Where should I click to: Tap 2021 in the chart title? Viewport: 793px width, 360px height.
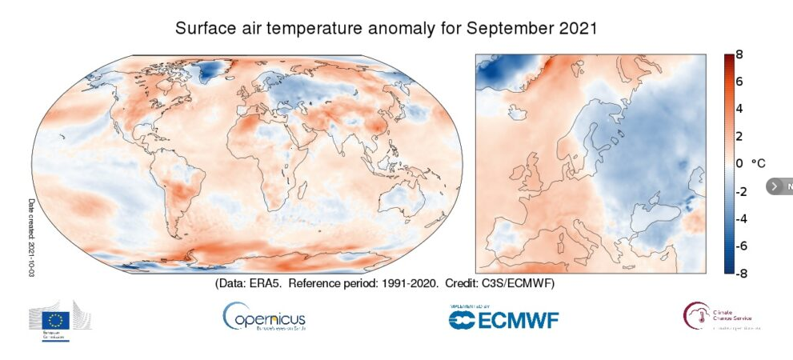579,29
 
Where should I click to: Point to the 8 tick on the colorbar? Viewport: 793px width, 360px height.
739,55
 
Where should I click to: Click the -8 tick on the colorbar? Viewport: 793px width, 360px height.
740,272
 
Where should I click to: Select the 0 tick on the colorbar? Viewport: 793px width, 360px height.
739,163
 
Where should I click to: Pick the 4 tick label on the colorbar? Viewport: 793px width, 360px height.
739,109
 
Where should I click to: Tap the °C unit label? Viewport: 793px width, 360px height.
758,163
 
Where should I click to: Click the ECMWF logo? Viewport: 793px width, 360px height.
503,318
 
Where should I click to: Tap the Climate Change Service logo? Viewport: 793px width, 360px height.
717,317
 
